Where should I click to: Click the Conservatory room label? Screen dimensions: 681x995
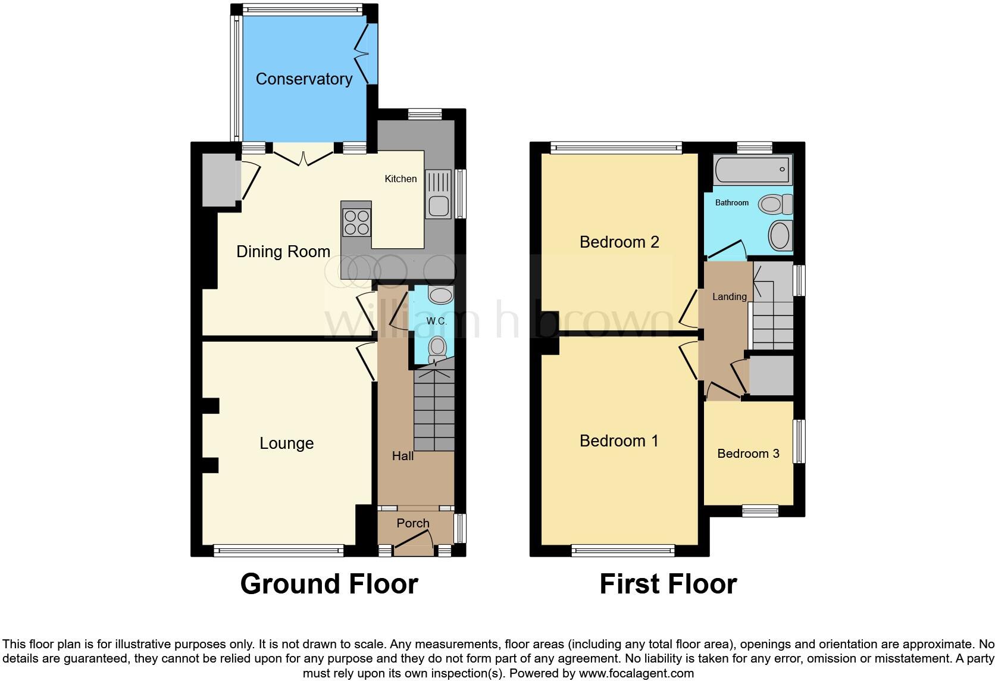303,79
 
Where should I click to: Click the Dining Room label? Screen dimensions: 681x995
283,251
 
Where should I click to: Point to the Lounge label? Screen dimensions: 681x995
286,443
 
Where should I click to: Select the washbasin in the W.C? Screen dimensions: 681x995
440,294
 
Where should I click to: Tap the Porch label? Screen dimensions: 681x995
412,523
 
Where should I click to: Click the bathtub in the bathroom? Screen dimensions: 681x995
752,170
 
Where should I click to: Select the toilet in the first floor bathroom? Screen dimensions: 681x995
775,205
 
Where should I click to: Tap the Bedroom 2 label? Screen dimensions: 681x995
619,242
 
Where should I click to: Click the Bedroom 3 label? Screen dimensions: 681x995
748,454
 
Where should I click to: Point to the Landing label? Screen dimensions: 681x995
729,296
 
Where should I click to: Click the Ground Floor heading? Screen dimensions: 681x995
328,583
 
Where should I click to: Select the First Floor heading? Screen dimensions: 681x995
668,583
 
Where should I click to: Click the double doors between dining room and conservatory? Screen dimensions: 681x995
303,158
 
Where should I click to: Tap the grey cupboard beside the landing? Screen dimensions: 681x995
771,375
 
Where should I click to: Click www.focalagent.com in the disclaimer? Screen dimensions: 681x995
636,673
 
